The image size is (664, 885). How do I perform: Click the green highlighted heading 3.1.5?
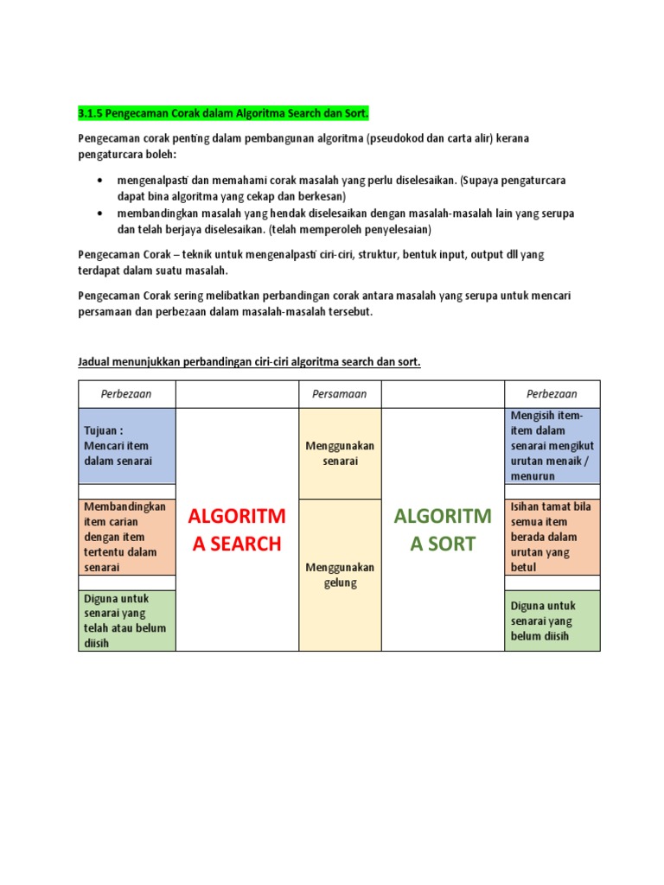(223, 113)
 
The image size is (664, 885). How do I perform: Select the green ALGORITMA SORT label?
(442, 530)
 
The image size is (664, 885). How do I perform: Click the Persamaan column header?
(339, 394)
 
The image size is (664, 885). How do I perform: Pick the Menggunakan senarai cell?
(339, 453)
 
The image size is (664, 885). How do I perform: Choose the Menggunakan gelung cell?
(339, 575)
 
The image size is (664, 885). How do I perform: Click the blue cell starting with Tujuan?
(127, 446)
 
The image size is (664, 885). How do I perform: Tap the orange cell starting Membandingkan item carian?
(127, 537)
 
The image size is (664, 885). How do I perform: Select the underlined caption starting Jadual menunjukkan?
(249, 361)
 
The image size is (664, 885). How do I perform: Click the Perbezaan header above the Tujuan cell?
(126, 394)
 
